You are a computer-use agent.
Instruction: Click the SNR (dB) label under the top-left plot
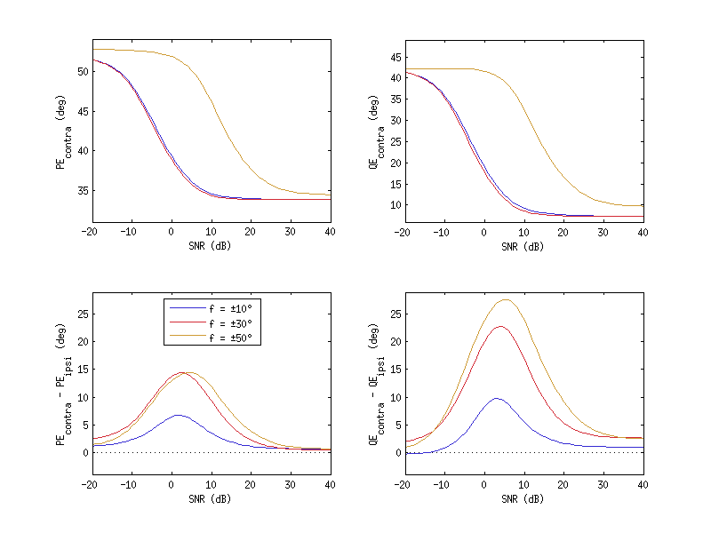(x=210, y=247)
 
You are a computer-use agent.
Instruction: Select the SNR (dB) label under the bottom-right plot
(x=523, y=498)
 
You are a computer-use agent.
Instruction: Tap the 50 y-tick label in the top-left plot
(x=81, y=71)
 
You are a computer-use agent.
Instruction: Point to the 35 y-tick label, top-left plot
(x=81, y=190)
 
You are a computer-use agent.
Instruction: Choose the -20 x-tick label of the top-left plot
(x=89, y=233)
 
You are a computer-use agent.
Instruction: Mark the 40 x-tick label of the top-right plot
(x=643, y=233)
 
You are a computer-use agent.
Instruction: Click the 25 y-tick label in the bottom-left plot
(x=81, y=314)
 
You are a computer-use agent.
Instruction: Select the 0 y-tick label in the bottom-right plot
(x=396, y=452)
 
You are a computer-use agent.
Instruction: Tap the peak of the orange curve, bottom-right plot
(x=506, y=299)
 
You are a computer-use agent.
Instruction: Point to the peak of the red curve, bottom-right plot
(x=500, y=326)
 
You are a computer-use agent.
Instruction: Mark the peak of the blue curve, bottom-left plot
(x=178, y=415)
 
